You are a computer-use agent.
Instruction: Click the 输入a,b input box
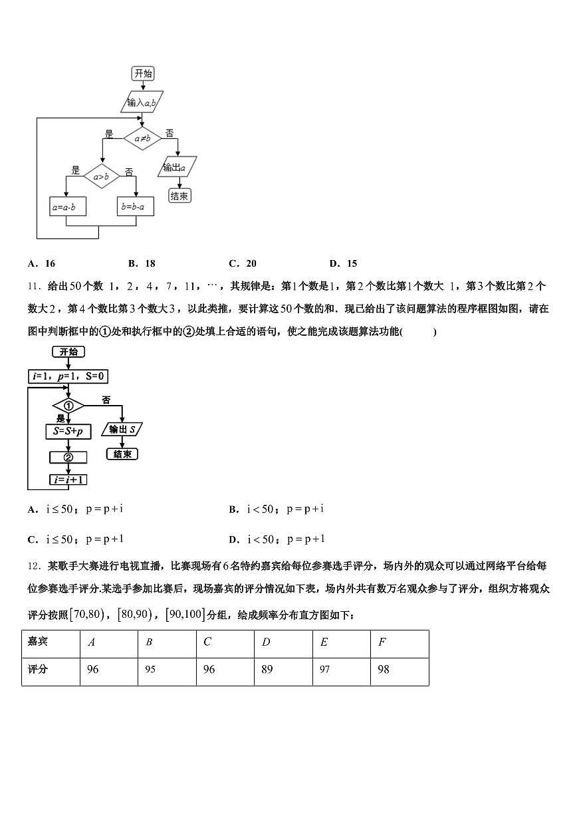pos(142,102)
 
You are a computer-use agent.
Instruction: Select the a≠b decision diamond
pos(142,138)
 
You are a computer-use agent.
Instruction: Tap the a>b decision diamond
pos(101,176)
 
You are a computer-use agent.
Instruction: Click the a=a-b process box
pos(64,207)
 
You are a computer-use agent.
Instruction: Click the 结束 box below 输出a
pos(179,196)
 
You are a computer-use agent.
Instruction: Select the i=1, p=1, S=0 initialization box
pos(68,377)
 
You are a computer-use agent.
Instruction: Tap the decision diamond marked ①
pos(68,406)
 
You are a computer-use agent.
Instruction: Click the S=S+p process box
pos(68,431)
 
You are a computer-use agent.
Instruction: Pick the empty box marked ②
pos(68,457)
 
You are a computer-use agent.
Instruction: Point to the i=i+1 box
pos(68,479)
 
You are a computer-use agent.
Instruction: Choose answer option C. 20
pos(243,263)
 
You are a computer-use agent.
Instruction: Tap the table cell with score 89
pos(267,670)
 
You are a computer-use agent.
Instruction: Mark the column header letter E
pos(324,642)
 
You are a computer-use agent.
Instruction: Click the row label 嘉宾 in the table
pos(37,642)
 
